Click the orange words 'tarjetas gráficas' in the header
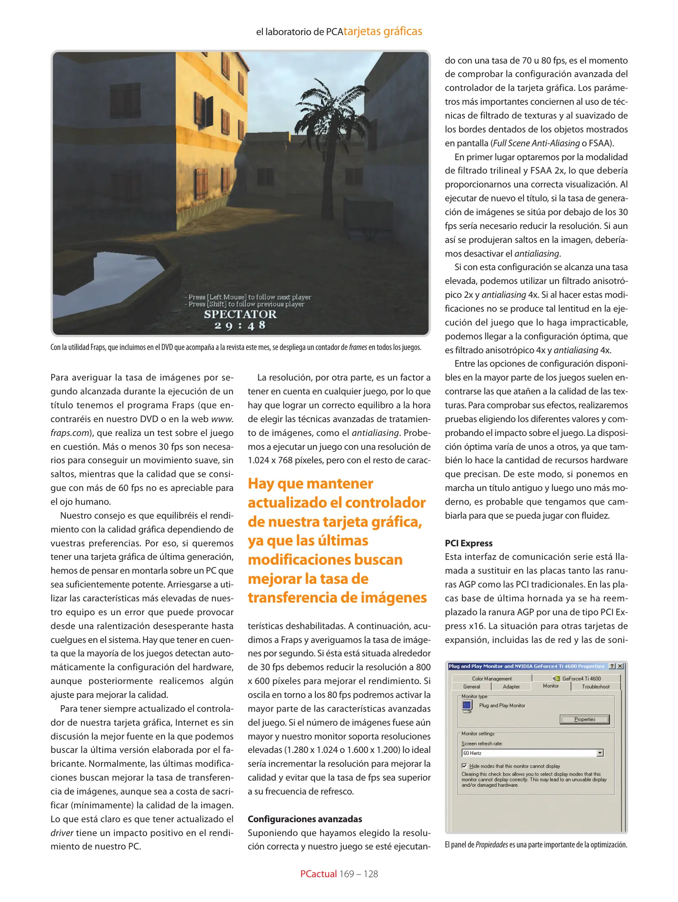(x=383, y=31)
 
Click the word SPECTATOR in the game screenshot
(x=240, y=314)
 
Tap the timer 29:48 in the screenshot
(x=240, y=325)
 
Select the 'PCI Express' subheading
(x=468, y=543)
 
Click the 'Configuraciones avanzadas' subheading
(x=305, y=819)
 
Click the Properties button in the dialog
(x=584, y=719)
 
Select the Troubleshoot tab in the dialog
(x=595, y=687)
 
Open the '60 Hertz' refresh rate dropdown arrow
(x=600, y=753)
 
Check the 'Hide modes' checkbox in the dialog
(x=464, y=766)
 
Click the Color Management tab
(x=492, y=679)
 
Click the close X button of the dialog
(x=620, y=666)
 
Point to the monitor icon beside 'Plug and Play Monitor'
(x=467, y=706)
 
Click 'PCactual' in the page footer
(x=318, y=874)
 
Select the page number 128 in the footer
(x=371, y=874)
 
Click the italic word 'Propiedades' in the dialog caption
(x=491, y=844)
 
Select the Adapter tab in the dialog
(x=511, y=687)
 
